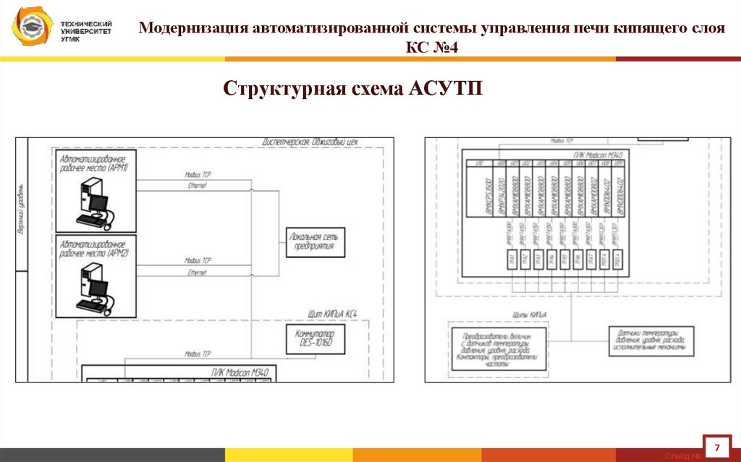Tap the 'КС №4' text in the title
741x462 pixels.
tap(433, 48)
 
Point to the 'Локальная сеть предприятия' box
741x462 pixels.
tap(316, 241)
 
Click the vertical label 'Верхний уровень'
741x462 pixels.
tap(21, 210)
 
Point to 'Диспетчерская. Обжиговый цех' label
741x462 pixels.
tap(310, 142)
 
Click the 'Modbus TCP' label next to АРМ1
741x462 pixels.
tap(198, 175)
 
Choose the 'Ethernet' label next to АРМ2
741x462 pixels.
tap(197, 273)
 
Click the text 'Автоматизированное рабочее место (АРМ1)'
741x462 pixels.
tap(94, 163)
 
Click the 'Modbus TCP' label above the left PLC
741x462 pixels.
tap(198, 354)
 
